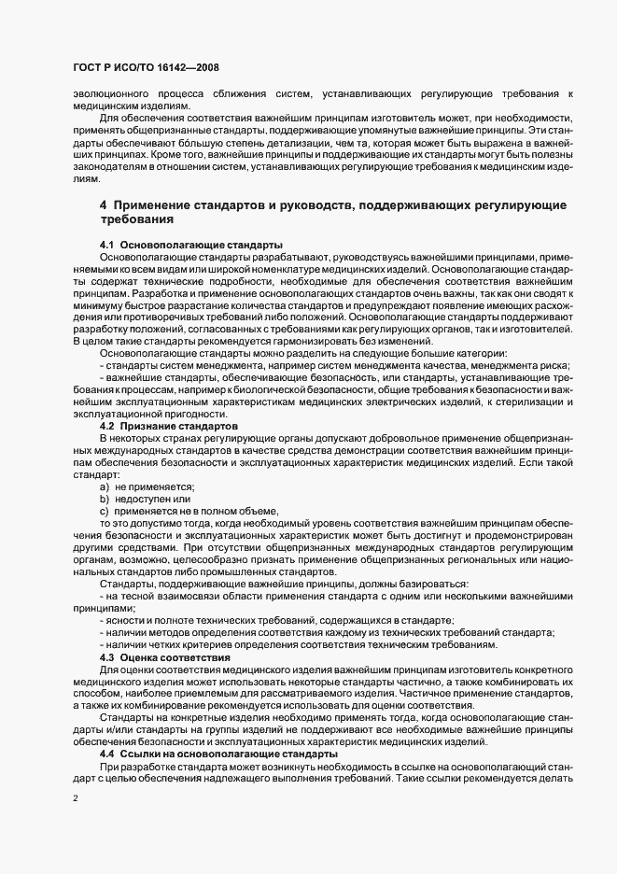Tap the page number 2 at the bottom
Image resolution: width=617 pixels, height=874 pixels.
75,798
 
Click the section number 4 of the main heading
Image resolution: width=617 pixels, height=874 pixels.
104,204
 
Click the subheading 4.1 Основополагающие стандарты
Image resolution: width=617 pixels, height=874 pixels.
190,244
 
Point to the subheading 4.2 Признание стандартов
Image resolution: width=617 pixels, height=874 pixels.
169,426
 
